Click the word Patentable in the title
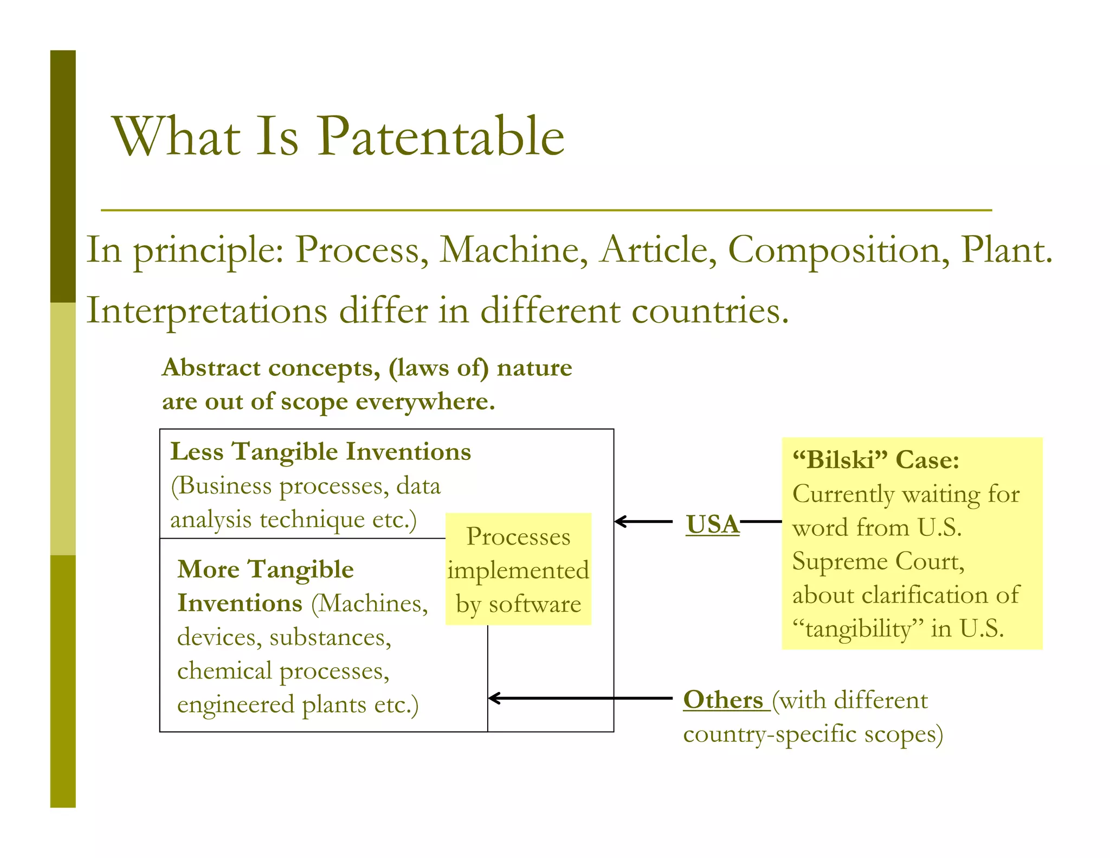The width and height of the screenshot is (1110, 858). point(440,137)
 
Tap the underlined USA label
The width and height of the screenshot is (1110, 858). point(712,524)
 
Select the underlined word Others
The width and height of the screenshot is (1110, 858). point(723,700)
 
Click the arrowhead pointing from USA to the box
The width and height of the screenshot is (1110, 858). point(620,521)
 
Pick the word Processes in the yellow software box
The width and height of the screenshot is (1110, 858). point(518,536)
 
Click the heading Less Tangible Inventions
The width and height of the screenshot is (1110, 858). point(320,452)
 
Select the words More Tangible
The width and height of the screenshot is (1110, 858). point(265,569)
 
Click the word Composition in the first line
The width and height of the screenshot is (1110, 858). point(838,250)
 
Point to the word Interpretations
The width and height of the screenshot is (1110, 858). point(206,311)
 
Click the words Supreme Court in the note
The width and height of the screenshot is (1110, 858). point(878,561)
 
